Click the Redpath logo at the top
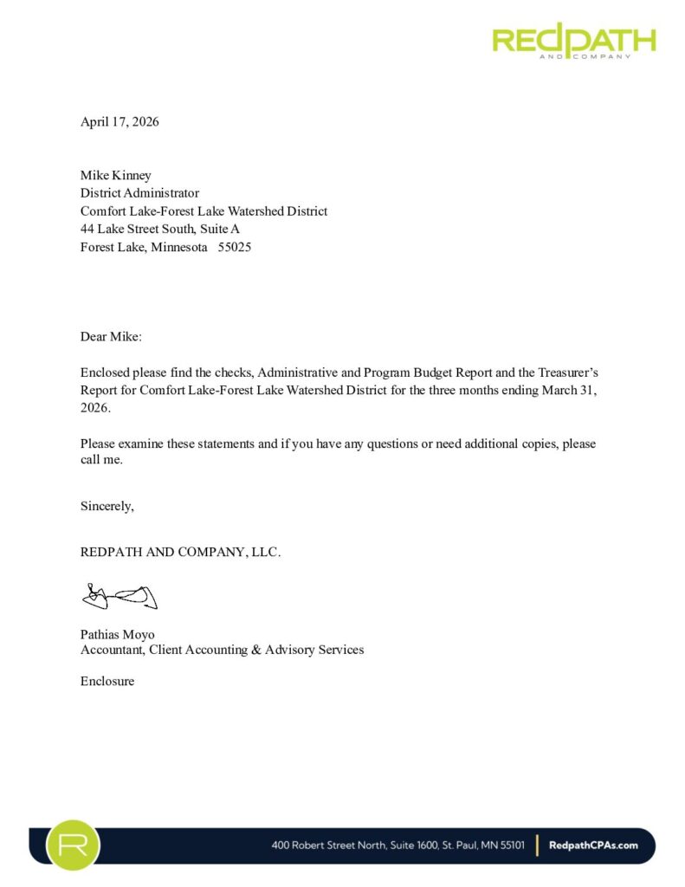coord(573,40)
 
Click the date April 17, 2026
coord(120,121)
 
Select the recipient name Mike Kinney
coord(116,175)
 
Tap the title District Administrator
coord(139,193)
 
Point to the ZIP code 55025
coord(235,247)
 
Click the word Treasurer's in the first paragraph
coord(567,372)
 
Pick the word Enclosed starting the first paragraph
coord(105,372)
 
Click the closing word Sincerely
coord(107,506)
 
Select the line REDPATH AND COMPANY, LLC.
coord(180,552)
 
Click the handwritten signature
coord(119,596)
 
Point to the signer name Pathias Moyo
coord(118,634)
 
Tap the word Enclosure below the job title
coord(107,681)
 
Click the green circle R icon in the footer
coord(74,845)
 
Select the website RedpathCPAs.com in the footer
coord(594,845)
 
